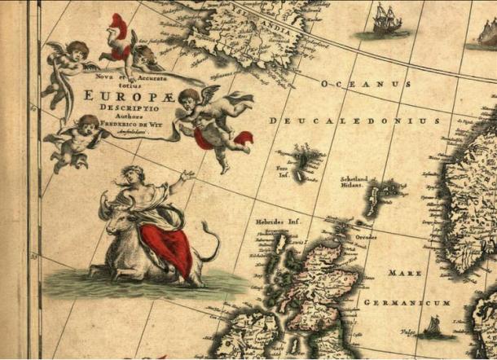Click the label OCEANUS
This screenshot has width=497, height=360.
[x=365, y=84]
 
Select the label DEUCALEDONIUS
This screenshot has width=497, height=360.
[x=354, y=121]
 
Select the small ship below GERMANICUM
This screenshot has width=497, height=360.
[x=432, y=329]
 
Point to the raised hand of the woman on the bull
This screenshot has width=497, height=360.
[x=189, y=174]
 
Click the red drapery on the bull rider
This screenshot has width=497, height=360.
[x=167, y=244]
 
